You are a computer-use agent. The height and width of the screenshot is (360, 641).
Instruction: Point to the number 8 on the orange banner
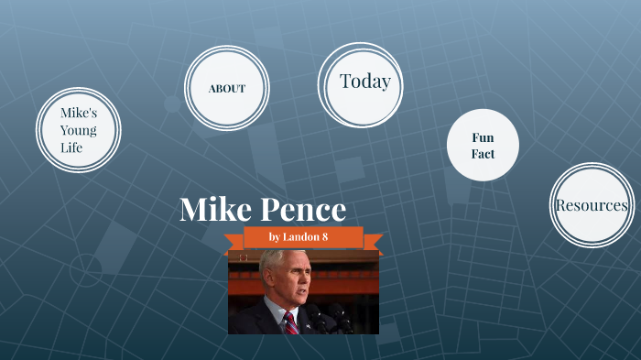point(324,237)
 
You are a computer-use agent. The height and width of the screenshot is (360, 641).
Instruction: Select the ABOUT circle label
point(226,89)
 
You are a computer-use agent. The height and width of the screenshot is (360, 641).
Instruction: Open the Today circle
point(364,82)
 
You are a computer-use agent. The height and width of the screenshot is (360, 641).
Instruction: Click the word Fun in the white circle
point(483,137)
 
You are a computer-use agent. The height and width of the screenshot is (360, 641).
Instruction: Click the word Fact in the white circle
point(483,154)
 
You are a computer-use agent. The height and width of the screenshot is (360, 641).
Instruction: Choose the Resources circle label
point(592,205)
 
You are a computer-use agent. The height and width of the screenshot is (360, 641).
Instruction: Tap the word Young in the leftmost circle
point(78,130)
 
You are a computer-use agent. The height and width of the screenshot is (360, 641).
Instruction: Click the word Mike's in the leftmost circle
point(78,113)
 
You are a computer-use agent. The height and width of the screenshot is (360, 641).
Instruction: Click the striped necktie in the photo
point(289,322)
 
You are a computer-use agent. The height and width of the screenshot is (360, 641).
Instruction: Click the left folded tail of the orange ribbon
point(235,245)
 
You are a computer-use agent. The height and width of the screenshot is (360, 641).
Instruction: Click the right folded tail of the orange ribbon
point(373,245)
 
